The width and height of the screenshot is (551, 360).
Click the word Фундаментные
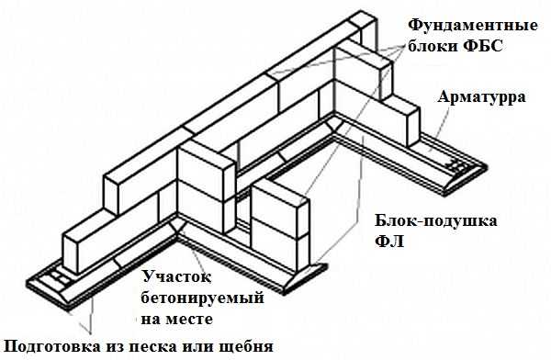click(472, 27)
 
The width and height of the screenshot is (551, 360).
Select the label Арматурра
click(481, 97)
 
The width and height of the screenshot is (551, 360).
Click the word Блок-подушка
click(435, 221)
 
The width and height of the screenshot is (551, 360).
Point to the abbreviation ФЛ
click(389, 242)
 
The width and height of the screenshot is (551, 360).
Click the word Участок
click(176, 276)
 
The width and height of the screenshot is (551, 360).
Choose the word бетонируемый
click(202, 298)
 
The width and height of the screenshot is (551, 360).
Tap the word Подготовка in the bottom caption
click(52, 347)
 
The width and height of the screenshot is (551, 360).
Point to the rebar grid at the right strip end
click(455, 165)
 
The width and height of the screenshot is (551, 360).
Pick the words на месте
click(176, 320)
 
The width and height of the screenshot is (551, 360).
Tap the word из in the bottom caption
click(115, 347)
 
